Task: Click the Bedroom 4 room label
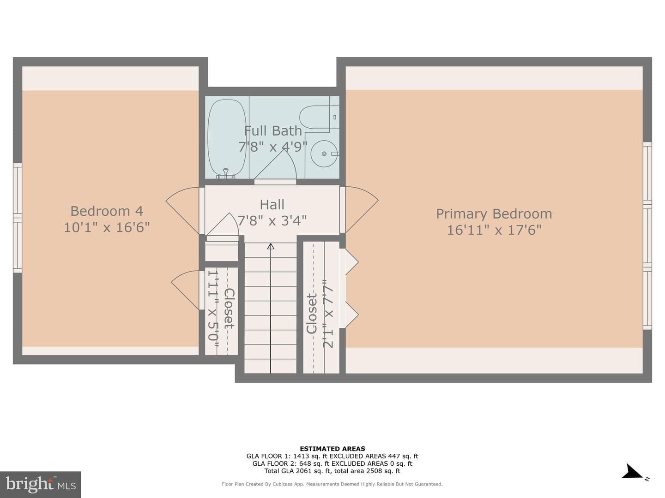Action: pyautogui.click(x=107, y=211)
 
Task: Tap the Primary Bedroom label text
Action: pyautogui.click(x=494, y=214)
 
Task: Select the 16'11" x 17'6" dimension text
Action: pyautogui.click(x=494, y=231)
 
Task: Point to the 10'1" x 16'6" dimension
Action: pyautogui.click(x=107, y=227)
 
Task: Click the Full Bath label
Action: pyautogui.click(x=273, y=131)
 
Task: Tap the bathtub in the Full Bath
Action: pyautogui.click(x=227, y=138)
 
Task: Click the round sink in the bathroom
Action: pyautogui.click(x=324, y=154)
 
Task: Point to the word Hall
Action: pyautogui.click(x=272, y=205)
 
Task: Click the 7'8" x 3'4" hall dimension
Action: pyautogui.click(x=272, y=220)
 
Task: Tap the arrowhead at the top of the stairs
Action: pyautogui.click(x=271, y=246)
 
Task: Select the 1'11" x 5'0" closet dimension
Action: pyautogui.click(x=213, y=308)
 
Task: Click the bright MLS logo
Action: pyautogui.click(x=41, y=484)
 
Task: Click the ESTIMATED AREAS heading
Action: pyautogui.click(x=332, y=449)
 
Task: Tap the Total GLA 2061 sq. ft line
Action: pyautogui.click(x=332, y=471)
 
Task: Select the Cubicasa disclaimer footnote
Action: pyautogui.click(x=332, y=484)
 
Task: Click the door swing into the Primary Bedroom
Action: pyautogui.click(x=362, y=209)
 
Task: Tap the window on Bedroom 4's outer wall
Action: pyautogui.click(x=18, y=218)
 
